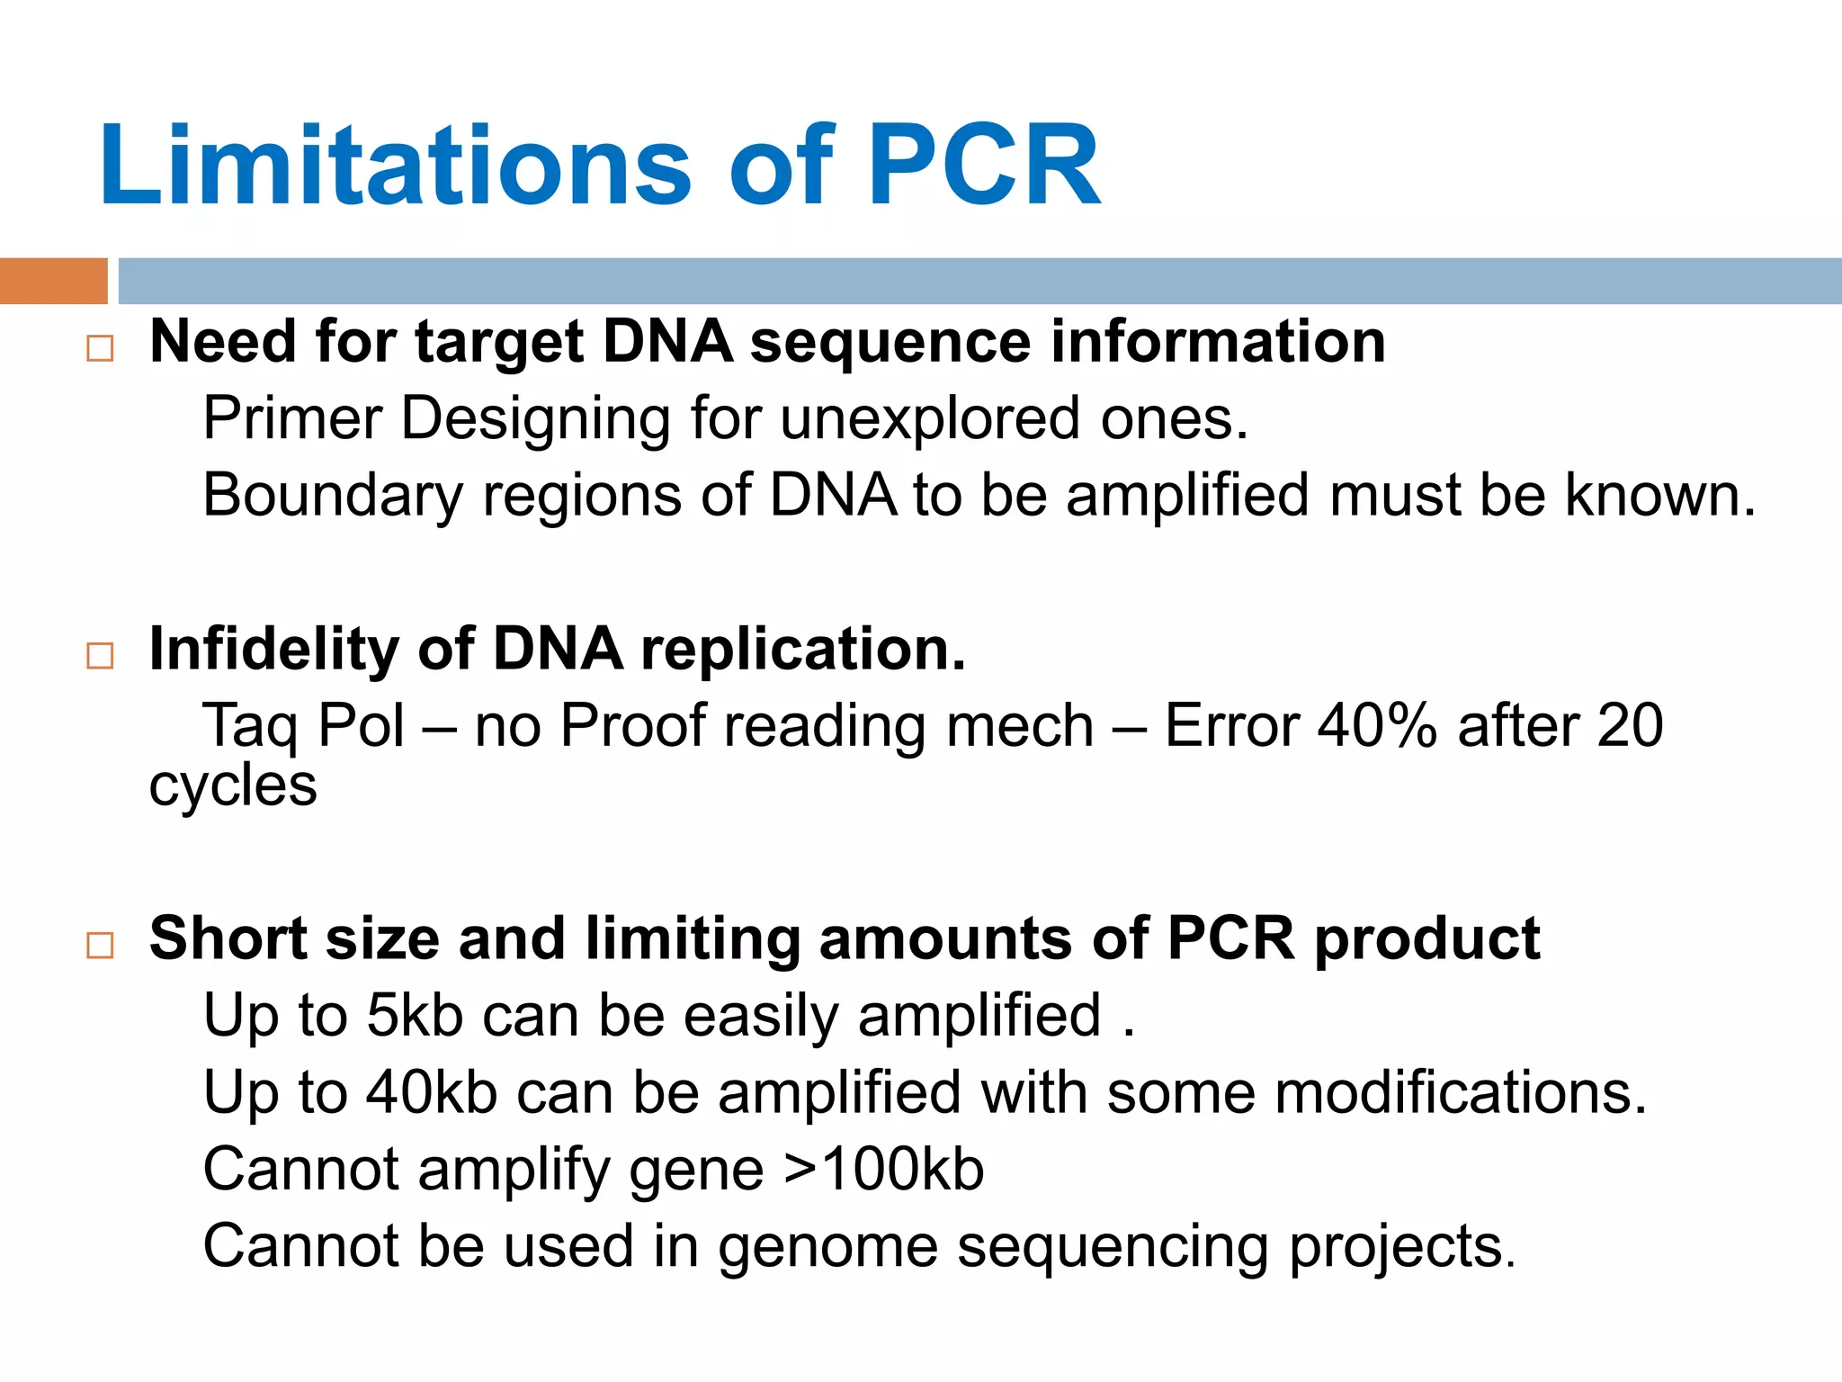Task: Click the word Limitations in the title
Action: coord(394,166)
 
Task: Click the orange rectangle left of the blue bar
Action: coord(53,281)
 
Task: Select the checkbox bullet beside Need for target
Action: coord(100,348)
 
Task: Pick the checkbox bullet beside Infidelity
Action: coord(100,655)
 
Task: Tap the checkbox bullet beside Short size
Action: coord(100,945)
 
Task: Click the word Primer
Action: coord(292,419)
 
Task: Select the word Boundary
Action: coord(332,497)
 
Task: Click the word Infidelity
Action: coord(273,649)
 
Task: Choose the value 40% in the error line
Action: coord(1377,725)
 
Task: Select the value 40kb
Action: coord(431,1093)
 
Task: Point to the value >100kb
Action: coord(884,1170)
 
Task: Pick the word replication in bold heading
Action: coord(803,651)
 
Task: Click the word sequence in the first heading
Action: coord(890,344)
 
